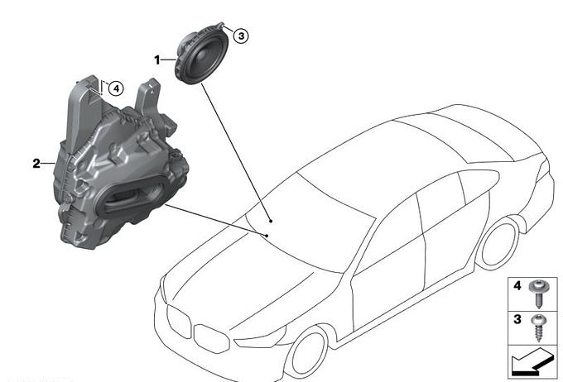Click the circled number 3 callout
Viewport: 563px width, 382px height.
(241, 36)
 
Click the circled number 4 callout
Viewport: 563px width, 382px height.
(116, 88)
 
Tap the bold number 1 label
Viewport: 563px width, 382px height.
(157, 60)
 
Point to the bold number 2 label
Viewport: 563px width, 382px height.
(36, 164)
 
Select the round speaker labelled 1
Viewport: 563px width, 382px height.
(201, 55)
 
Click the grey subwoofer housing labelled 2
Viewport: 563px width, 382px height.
(118, 165)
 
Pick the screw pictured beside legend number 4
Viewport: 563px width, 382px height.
(538, 293)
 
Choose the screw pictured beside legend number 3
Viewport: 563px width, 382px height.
(538, 327)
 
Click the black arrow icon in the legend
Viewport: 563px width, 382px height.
(532, 362)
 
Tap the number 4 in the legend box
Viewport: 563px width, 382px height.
(517, 285)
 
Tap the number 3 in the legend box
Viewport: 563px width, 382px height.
(517, 319)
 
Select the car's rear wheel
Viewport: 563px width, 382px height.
(500, 243)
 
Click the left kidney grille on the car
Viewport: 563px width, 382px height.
(180, 322)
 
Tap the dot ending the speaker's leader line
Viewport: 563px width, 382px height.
(271, 221)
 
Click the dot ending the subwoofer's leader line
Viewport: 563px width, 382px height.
(267, 236)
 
